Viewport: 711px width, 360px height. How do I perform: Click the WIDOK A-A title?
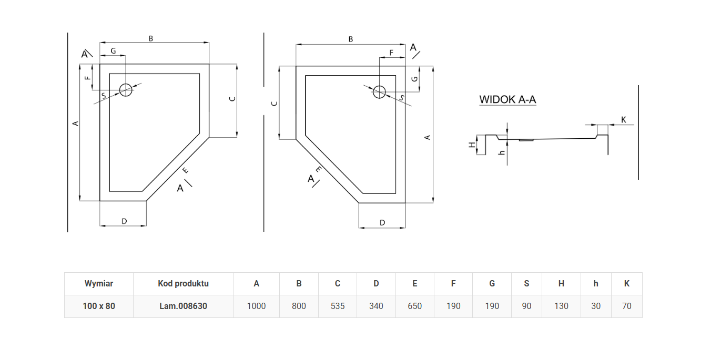point(507,99)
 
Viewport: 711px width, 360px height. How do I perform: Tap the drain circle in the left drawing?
point(126,90)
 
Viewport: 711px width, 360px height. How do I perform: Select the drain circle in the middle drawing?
point(379,92)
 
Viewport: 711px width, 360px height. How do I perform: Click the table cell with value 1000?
point(256,306)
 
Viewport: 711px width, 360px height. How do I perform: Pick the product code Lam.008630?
point(183,306)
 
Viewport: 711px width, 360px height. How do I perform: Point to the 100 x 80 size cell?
point(99,306)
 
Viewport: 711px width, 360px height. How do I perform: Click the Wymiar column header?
point(99,283)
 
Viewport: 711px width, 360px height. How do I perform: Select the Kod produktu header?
point(183,283)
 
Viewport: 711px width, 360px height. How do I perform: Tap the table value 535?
point(338,306)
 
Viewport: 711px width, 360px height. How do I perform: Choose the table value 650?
point(415,306)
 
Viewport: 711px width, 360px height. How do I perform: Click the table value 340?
point(376,306)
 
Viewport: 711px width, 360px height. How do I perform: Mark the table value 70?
point(626,306)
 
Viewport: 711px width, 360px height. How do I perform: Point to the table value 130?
point(561,306)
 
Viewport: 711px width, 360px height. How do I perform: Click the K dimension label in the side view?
point(624,120)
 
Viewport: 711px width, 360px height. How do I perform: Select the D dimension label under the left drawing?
point(124,221)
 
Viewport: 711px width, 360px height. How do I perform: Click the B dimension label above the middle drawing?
point(351,39)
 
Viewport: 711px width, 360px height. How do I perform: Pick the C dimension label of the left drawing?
point(231,99)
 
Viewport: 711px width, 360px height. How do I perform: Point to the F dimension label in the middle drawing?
point(391,53)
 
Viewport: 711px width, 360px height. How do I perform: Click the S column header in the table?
point(526,283)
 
